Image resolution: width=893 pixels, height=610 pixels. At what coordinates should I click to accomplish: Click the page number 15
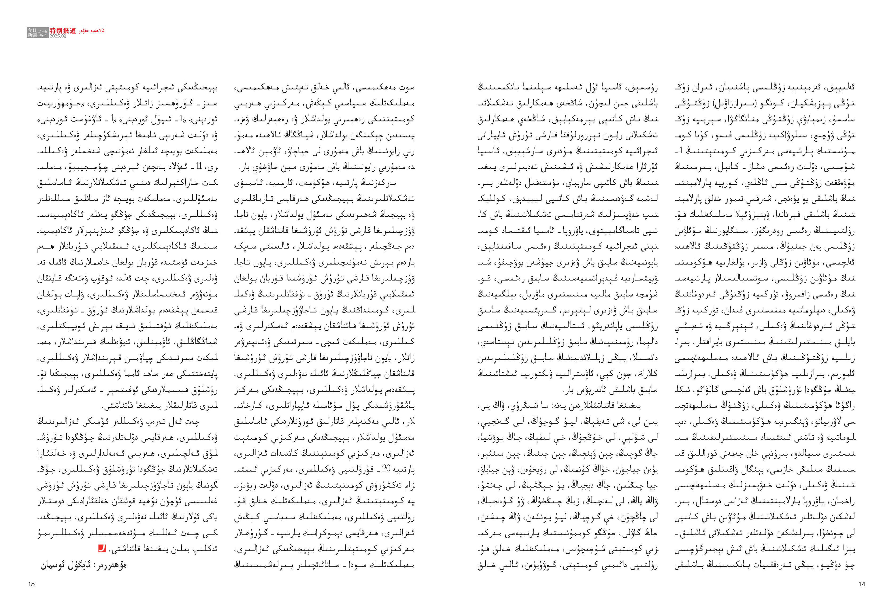click(x=32, y=584)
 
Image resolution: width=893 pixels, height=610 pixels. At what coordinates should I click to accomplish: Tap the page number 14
click(x=862, y=584)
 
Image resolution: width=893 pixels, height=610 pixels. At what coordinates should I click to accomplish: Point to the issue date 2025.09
click(x=58, y=36)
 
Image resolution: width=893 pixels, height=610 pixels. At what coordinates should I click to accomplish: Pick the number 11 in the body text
click(x=198, y=167)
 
